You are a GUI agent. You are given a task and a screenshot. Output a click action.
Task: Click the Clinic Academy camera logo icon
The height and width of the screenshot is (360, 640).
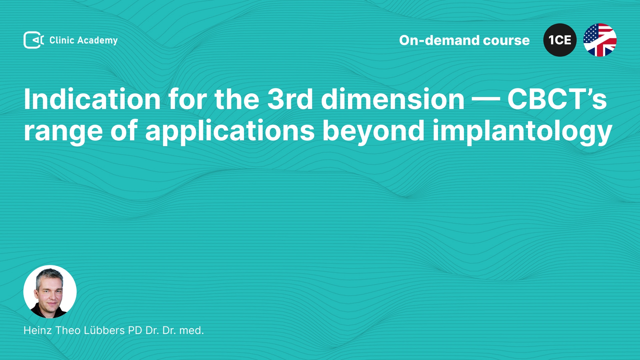[34, 40]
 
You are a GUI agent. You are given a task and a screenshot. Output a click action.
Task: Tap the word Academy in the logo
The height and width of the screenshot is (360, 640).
[97, 41]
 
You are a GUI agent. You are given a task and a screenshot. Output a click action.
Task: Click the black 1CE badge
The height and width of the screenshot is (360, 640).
[560, 40]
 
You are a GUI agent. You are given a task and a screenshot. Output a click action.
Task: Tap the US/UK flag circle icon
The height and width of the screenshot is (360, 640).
[600, 40]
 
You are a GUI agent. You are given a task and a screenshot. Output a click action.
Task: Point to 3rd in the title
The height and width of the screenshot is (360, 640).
[290, 99]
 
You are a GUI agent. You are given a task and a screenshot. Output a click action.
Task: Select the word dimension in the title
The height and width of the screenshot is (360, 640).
[393, 99]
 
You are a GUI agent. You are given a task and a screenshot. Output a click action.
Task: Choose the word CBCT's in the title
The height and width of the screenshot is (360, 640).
[557, 99]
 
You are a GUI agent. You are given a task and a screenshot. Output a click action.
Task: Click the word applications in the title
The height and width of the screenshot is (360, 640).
[230, 131]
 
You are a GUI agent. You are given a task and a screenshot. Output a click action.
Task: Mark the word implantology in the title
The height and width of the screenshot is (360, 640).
[522, 131]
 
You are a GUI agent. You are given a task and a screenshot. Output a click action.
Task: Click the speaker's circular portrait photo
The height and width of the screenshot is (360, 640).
[50, 292]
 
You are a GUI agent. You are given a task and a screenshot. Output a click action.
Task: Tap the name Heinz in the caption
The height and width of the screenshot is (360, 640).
[38, 330]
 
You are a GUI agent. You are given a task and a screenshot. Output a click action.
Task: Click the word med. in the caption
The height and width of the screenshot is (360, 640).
[192, 330]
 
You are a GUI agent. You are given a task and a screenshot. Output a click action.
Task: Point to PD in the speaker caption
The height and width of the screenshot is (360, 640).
[135, 330]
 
